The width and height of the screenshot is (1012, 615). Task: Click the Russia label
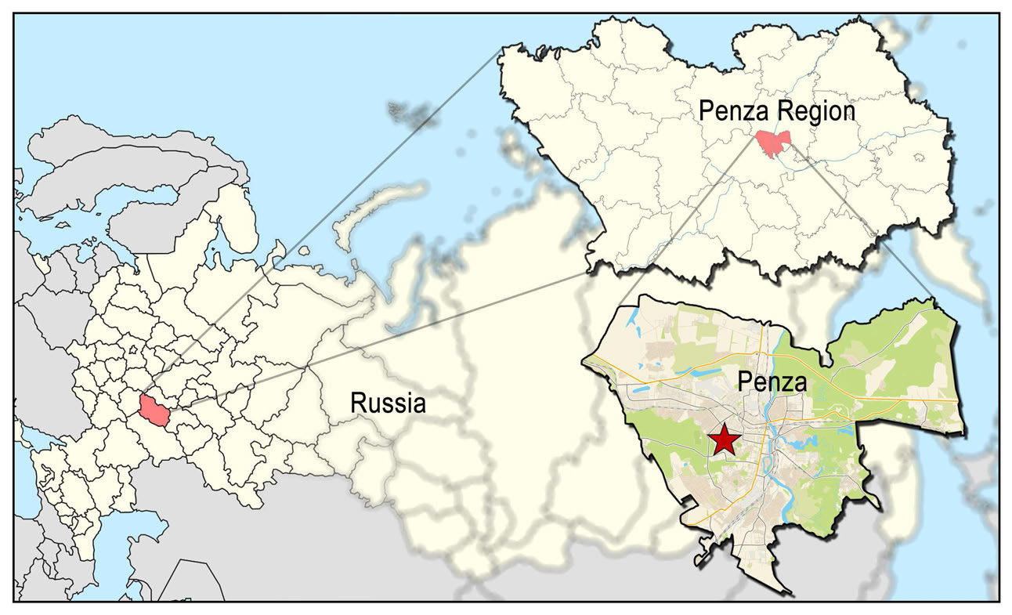[x=388, y=404]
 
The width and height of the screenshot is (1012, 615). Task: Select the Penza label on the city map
[x=772, y=383]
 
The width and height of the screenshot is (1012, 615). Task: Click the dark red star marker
[x=723, y=440]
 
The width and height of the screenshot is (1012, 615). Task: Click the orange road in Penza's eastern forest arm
[x=901, y=400]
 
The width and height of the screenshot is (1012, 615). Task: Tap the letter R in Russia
[x=357, y=404]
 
